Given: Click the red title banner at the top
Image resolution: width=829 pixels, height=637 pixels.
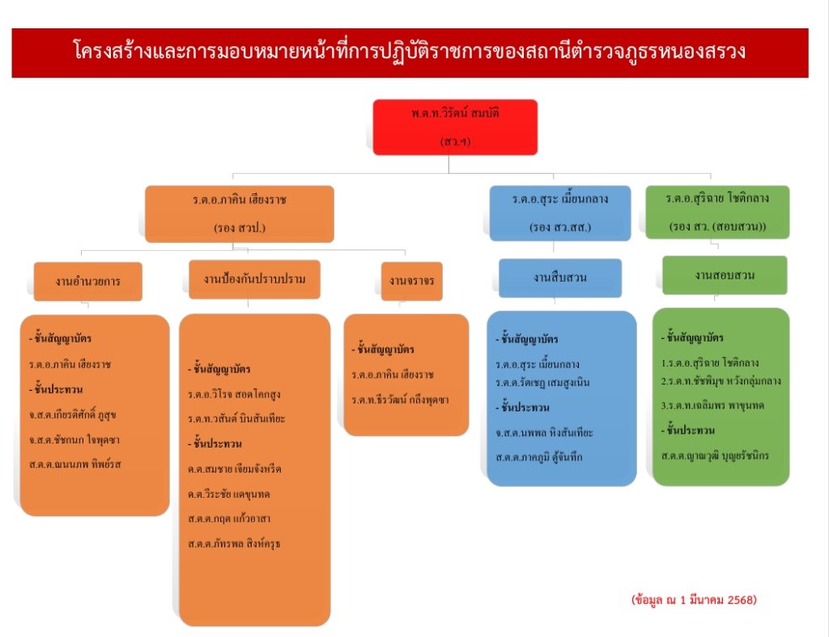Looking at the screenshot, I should (x=410, y=53).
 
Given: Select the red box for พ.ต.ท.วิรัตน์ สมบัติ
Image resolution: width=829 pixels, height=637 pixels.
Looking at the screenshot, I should (x=454, y=126).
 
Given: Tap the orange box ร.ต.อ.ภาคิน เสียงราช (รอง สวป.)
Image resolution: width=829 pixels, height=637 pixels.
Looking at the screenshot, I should (x=240, y=214).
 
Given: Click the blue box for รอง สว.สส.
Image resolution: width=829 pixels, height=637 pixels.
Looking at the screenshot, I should (x=559, y=213).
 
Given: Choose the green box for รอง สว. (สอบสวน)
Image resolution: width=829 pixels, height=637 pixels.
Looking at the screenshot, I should (x=717, y=212).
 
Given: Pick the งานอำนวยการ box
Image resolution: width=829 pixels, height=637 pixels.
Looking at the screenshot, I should (x=88, y=282).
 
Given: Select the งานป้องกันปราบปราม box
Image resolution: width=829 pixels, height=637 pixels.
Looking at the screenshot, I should (x=254, y=279).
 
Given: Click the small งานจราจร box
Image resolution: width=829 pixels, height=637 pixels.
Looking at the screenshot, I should (x=411, y=281).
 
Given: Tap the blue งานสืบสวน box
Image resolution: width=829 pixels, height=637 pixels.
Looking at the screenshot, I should (x=559, y=278).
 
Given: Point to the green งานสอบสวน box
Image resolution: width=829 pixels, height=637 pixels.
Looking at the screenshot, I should (x=724, y=275).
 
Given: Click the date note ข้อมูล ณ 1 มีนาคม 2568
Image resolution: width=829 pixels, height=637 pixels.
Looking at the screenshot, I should (x=694, y=600).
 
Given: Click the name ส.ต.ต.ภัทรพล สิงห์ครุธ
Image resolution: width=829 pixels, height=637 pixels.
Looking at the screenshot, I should (x=234, y=543).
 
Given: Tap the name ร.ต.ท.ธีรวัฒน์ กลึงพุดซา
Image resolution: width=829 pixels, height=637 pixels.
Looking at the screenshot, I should (x=400, y=400).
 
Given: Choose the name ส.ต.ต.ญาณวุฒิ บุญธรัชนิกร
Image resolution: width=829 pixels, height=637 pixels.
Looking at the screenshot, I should (x=716, y=456).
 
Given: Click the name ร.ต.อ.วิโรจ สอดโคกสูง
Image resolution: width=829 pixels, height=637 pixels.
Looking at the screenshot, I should (x=234, y=394).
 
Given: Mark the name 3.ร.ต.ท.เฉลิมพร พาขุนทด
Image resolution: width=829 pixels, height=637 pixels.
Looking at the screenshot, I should (x=712, y=404).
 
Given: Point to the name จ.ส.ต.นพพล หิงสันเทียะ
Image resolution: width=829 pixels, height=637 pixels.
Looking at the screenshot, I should (x=545, y=433).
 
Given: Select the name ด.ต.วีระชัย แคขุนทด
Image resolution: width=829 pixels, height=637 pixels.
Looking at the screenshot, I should (x=230, y=494).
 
